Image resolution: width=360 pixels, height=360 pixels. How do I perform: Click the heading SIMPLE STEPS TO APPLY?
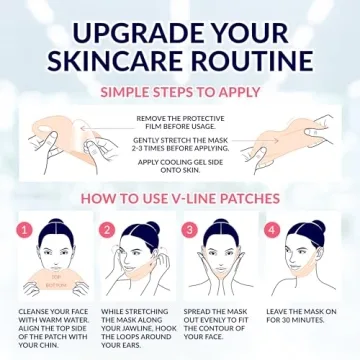[180, 92]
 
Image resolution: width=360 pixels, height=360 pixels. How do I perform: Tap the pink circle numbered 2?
[108, 230]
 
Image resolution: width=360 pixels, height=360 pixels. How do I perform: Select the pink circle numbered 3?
[189, 230]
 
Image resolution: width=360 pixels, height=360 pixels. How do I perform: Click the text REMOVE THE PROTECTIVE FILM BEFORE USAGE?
[180, 121]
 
